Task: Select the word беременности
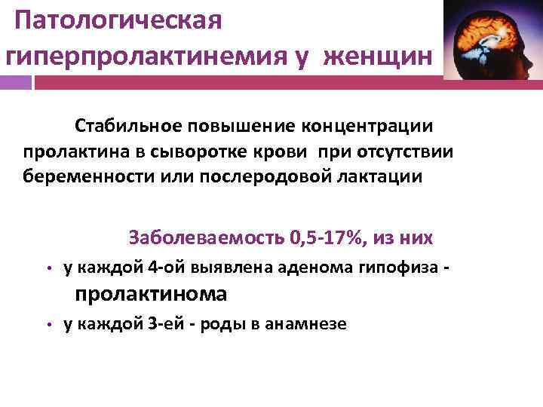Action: [x=80, y=176]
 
